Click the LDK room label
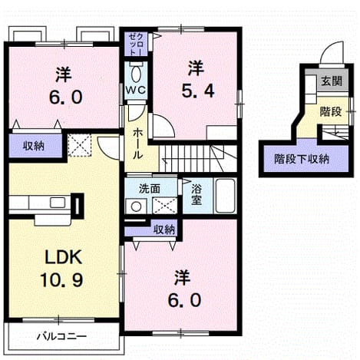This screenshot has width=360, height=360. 64,256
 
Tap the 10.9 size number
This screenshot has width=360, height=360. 61,279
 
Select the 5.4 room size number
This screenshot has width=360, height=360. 197,91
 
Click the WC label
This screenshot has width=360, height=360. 135,90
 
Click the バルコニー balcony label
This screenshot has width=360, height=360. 62,336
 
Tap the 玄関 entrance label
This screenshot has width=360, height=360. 332,81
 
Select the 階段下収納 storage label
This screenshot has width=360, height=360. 302,159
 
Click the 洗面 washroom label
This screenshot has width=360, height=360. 150,189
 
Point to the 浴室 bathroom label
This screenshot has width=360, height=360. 197,194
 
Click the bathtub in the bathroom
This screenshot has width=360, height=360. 226,196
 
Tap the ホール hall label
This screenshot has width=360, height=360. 137,144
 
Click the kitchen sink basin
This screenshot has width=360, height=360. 58,203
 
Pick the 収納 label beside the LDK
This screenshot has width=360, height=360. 34,146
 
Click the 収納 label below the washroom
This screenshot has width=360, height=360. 164,230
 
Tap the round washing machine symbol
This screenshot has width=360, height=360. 136,206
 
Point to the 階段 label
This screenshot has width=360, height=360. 331,111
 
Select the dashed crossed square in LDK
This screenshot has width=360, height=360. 80,145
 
